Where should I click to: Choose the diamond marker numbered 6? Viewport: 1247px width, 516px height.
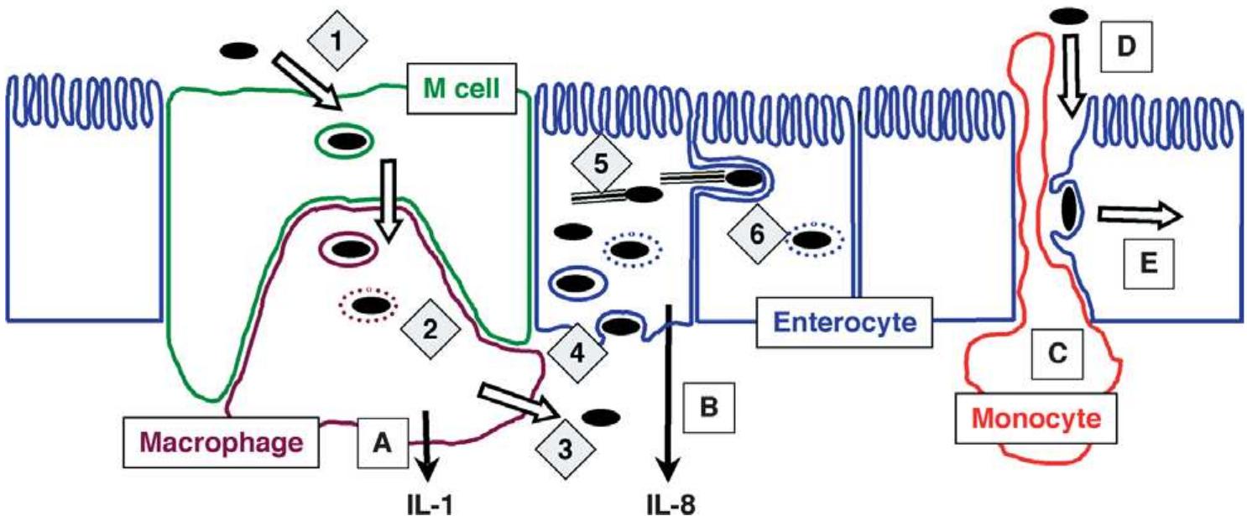(x=756, y=236)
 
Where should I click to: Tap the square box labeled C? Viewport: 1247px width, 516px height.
(x=1057, y=354)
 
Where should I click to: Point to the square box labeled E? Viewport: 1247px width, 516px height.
(x=1150, y=263)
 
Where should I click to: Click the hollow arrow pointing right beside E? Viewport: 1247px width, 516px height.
(x=1138, y=216)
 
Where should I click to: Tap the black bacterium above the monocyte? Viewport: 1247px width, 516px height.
(x=1071, y=18)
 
